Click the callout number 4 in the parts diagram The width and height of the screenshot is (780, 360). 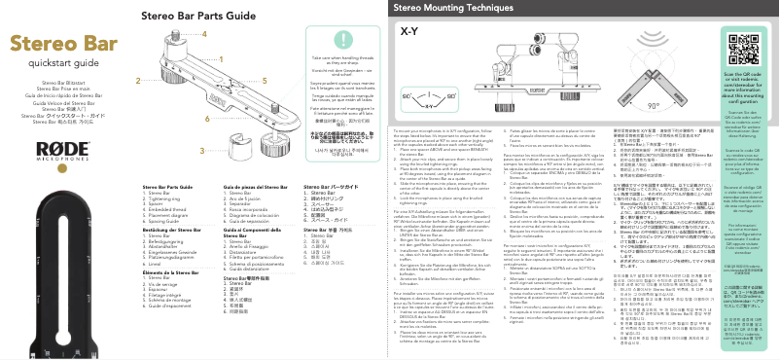205,33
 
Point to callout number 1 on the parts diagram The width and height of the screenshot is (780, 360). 205,61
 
